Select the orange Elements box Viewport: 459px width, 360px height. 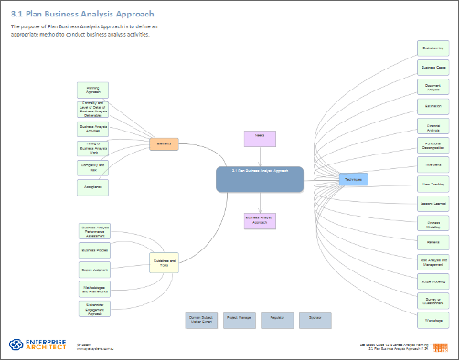(x=164, y=143)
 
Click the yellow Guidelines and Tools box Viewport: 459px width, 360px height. (x=165, y=263)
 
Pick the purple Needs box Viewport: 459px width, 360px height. (x=260, y=138)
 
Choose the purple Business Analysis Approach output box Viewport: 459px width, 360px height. (x=260, y=219)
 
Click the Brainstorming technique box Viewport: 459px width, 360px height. (x=432, y=48)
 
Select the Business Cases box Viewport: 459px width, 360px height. (x=432, y=68)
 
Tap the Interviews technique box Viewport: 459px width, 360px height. (x=432, y=164)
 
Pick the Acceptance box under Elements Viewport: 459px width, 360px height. (x=93, y=186)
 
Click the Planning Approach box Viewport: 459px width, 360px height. (x=93, y=90)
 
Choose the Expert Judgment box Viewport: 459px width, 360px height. (x=95, y=270)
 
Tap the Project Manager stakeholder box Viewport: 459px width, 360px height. (x=239, y=320)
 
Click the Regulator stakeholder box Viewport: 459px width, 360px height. (x=278, y=320)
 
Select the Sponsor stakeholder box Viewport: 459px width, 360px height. (x=315, y=320)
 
